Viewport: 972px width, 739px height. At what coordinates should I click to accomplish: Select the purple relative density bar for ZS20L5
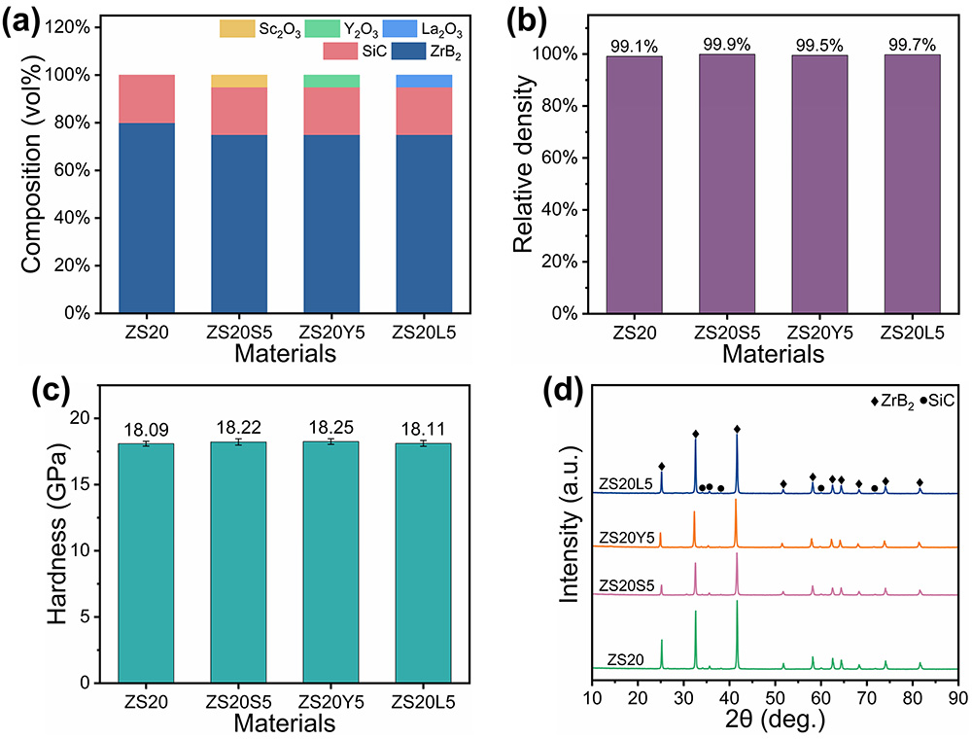(x=911, y=185)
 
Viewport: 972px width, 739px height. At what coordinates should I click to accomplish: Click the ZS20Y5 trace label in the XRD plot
(x=627, y=536)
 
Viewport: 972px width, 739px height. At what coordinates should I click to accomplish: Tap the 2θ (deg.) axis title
(x=776, y=721)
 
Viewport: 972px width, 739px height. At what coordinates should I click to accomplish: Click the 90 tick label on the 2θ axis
(x=958, y=697)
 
